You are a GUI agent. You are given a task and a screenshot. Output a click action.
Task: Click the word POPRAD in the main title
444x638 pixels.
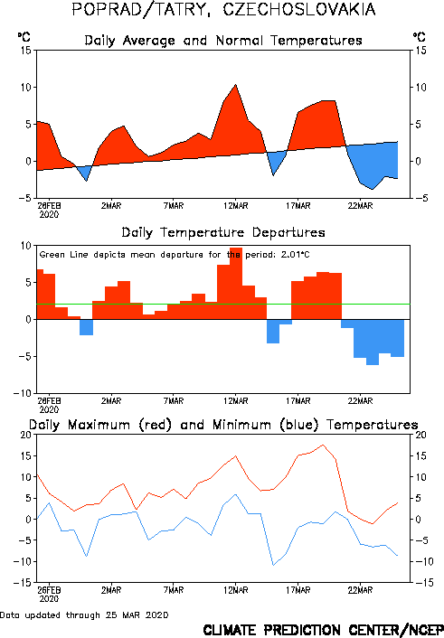click(108, 9)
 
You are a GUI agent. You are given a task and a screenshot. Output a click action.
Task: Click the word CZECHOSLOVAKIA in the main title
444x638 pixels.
click(299, 9)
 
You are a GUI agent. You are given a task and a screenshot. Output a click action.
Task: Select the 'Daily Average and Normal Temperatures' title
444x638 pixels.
click(223, 41)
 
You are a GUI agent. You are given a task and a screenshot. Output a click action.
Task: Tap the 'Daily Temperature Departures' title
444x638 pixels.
click(223, 232)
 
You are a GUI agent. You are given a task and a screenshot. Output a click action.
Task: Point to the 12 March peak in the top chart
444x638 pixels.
click(235, 85)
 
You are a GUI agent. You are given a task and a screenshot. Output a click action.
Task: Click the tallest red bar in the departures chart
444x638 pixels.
click(236, 283)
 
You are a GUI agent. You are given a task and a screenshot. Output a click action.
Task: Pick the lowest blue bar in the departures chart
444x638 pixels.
click(373, 342)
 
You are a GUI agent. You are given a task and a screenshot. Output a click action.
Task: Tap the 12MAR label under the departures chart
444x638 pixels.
click(235, 401)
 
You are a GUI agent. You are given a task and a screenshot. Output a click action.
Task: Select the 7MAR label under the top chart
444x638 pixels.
click(174, 206)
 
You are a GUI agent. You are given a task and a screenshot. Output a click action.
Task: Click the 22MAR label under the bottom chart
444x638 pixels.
click(360, 590)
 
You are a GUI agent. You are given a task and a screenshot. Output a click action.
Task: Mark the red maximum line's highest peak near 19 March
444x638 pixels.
click(323, 445)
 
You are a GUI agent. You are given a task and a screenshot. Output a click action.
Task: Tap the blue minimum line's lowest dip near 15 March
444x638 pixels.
click(273, 565)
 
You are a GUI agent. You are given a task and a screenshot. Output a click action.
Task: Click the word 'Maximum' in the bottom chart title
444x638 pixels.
click(99, 425)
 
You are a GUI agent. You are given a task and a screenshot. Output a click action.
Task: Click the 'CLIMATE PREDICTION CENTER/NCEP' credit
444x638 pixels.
click(323, 630)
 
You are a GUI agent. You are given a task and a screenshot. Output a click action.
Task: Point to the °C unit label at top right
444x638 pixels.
click(420, 37)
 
